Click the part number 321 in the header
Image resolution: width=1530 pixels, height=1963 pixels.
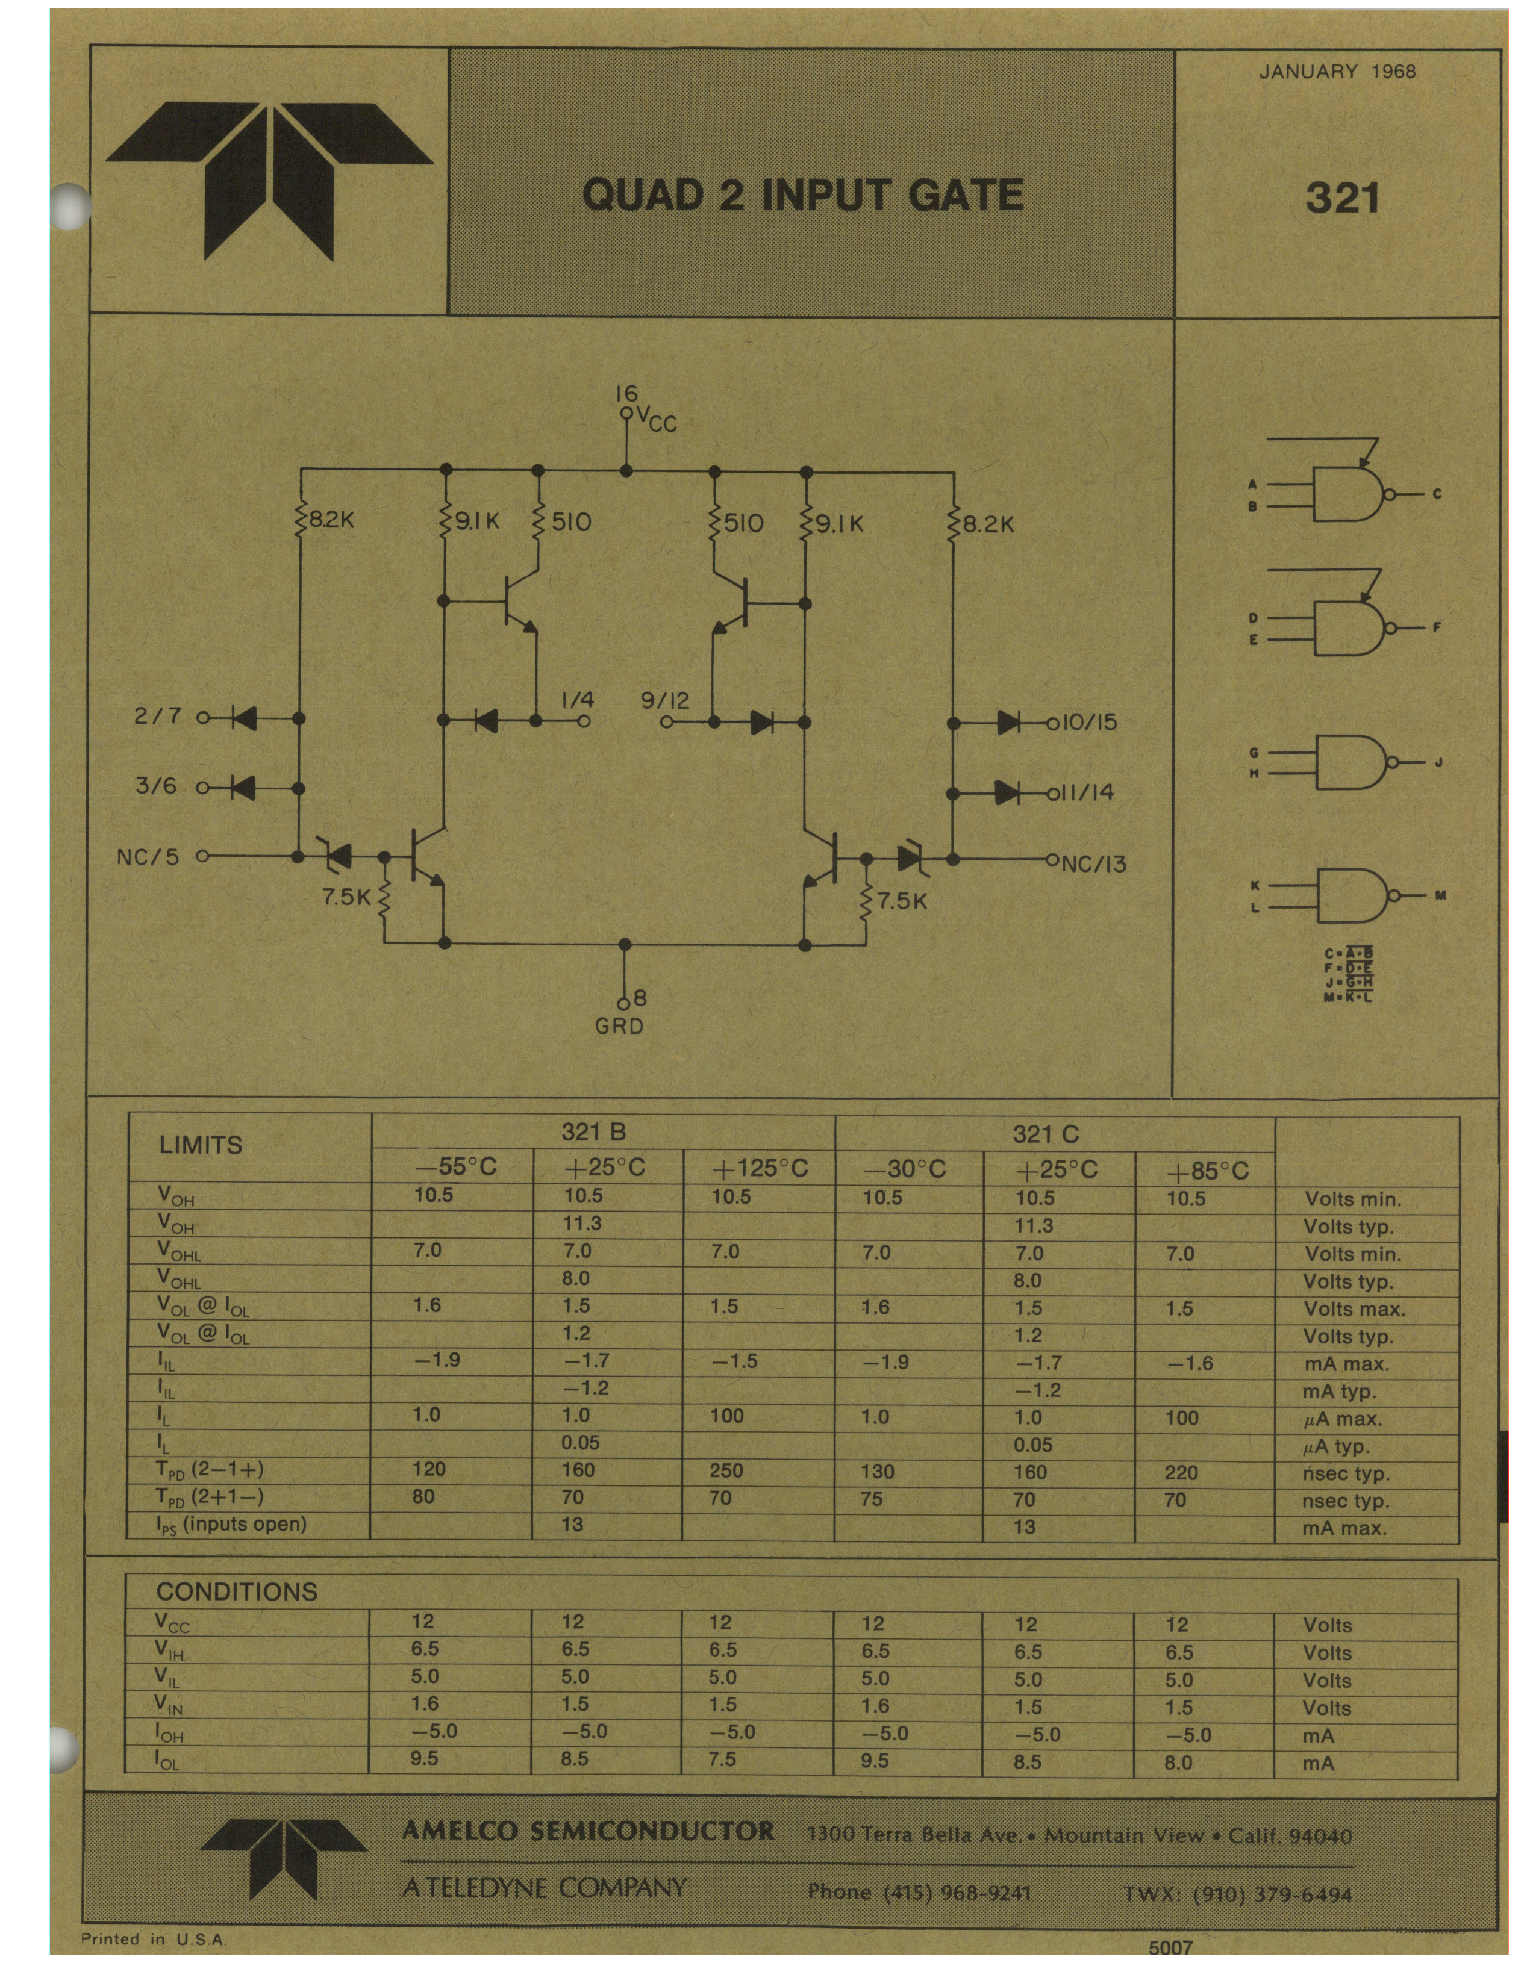coord(1342,198)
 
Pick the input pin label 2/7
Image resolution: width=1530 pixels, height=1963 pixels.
coord(158,717)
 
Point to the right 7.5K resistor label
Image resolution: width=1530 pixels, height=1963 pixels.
coord(902,901)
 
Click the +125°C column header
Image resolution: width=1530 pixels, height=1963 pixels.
coord(760,1168)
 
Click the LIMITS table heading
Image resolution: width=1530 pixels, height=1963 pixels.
coord(201,1145)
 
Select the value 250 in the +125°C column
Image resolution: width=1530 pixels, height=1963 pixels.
coord(726,1470)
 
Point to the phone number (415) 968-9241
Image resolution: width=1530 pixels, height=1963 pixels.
coord(919,1893)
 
